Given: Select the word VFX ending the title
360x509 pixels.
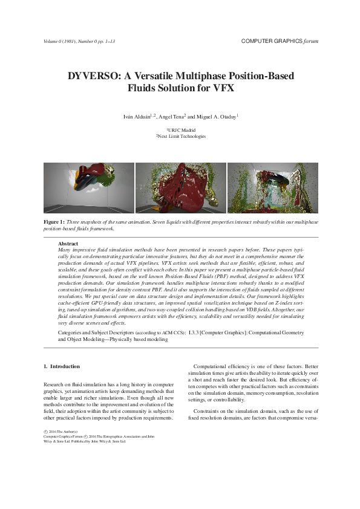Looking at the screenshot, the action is click(x=223, y=88).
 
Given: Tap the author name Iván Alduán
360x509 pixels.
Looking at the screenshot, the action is click(x=137, y=116).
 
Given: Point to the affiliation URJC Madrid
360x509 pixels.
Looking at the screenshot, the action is click(x=181, y=130).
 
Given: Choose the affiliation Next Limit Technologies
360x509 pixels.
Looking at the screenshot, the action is click(x=181, y=136).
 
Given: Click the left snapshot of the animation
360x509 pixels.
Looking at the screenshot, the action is click(x=89, y=187).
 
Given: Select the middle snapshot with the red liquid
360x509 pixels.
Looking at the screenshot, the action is click(x=180, y=187).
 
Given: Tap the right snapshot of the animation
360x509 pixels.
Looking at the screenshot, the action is click(x=272, y=187).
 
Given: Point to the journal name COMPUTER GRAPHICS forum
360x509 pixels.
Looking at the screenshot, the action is click(x=279, y=41).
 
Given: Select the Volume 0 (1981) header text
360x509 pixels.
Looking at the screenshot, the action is click(x=63, y=41).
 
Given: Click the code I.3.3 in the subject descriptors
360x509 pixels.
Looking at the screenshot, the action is click(x=195, y=333).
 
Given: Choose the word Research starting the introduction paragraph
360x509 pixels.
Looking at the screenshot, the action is click(x=55, y=384).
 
